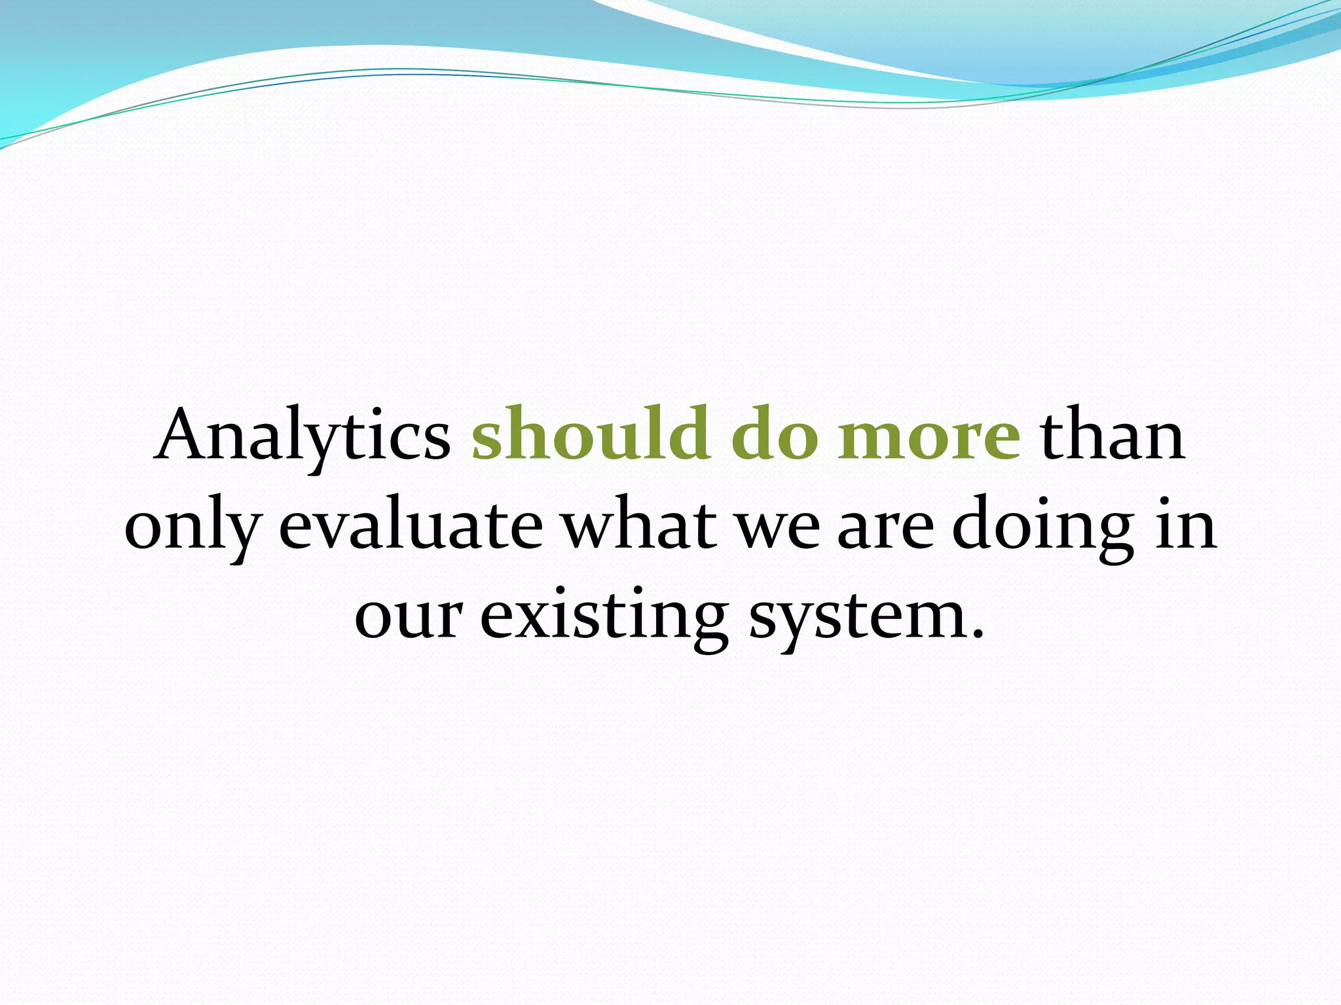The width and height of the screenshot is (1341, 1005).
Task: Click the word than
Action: point(1113,434)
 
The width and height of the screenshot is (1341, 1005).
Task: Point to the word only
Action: point(193,527)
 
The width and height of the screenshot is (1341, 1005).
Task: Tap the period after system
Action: point(978,633)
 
